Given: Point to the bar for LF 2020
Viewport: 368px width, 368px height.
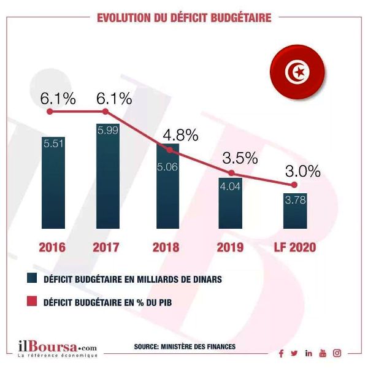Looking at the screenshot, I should (x=294, y=209).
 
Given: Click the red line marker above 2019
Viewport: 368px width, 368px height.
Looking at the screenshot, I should (x=231, y=173).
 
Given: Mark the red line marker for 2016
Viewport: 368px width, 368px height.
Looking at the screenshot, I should (x=52, y=112).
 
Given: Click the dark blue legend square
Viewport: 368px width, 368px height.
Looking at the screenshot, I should (x=31, y=279).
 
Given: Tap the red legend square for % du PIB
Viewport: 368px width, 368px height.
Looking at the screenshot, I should (x=31, y=301).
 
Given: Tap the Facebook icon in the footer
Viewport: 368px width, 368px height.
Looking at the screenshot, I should (x=281, y=353).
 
